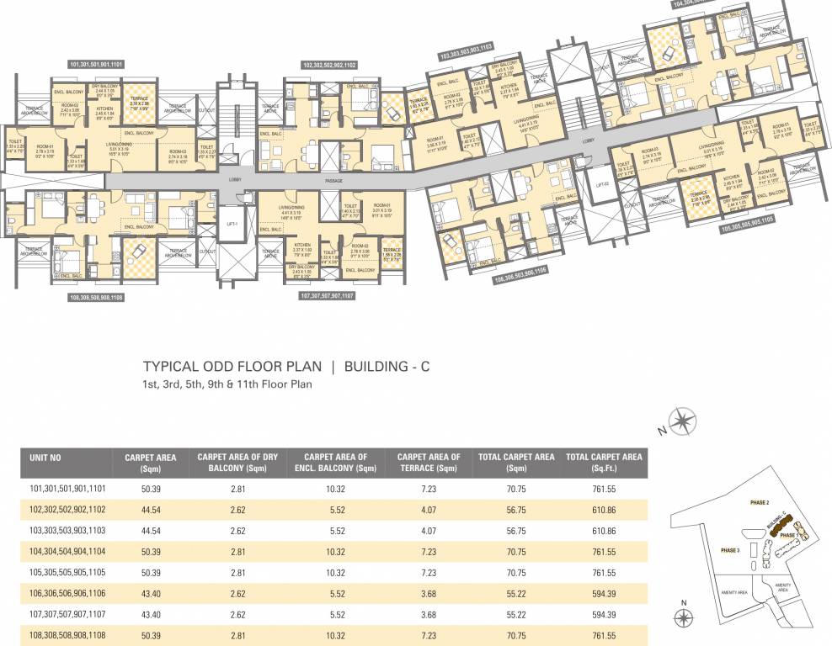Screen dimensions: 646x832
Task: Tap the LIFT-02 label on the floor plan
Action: point(600,184)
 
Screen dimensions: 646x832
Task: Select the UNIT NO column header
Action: point(45,458)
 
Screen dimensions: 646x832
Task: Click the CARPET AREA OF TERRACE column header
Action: point(429,463)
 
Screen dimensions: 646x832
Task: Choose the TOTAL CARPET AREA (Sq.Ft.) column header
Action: point(604,463)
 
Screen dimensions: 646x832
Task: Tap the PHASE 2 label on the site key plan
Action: point(760,502)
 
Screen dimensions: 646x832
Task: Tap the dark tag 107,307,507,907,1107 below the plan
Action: point(328,296)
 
